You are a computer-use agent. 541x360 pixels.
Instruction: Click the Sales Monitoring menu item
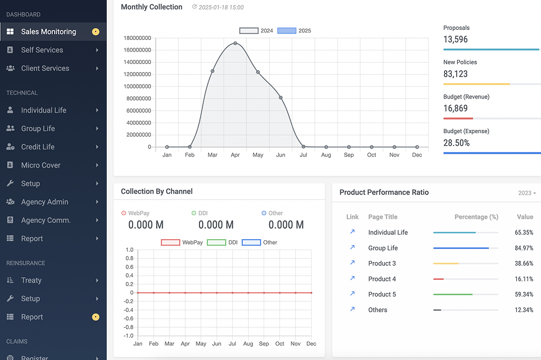(x=48, y=32)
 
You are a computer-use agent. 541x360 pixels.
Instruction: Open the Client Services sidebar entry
(x=45, y=69)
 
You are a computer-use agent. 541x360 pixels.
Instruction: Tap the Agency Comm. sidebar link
(x=46, y=220)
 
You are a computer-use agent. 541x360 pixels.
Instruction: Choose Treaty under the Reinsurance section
(x=31, y=280)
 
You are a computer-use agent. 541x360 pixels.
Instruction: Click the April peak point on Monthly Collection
(x=235, y=43)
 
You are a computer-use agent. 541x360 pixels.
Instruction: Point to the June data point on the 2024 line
(x=281, y=97)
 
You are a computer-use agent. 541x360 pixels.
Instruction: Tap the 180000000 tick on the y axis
(x=137, y=38)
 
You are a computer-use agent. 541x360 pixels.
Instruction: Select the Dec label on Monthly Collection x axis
(x=417, y=155)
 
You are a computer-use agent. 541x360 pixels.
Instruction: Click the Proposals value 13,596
(x=456, y=40)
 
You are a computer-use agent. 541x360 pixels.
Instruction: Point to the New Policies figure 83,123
(x=456, y=74)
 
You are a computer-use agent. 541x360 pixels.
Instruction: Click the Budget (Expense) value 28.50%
(x=457, y=143)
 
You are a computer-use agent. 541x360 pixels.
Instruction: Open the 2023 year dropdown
(x=527, y=193)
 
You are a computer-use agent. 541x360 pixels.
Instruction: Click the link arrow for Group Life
(x=352, y=247)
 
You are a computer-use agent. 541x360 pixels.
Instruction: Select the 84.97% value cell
(x=523, y=248)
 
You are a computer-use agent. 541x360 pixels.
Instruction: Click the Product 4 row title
(x=382, y=279)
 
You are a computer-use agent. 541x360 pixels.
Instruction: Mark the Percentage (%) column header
(x=476, y=217)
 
